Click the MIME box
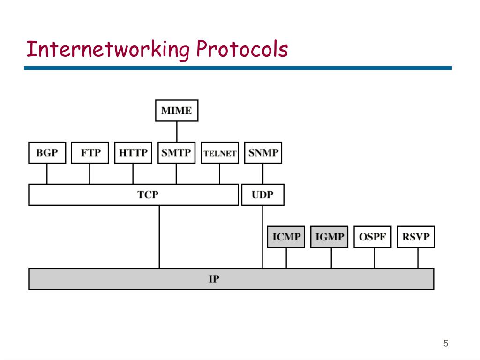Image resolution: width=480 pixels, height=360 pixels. click(176, 111)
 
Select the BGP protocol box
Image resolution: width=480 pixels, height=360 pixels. click(47, 153)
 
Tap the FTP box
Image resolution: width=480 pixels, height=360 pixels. click(90, 153)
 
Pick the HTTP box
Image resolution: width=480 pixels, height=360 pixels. click(133, 153)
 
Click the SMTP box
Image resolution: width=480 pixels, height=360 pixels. click(176, 153)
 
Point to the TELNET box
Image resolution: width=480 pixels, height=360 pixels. click(219, 153)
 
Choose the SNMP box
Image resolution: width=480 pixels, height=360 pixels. click(263, 153)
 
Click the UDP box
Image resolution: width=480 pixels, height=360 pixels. click(262, 195)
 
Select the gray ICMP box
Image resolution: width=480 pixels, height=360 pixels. click(286, 237)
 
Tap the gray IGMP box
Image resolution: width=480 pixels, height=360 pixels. click(329, 237)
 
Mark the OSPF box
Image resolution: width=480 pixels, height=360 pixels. click(372, 237)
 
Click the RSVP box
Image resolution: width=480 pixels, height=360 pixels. click(416, 237)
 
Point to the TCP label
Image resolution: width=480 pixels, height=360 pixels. click(148, 195)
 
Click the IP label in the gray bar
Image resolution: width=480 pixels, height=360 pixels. click(214, 279)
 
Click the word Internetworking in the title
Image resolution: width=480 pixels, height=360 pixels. click(108, 50)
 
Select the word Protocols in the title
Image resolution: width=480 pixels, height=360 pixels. click(242, 49)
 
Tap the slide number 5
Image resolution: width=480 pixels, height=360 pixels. click(446, 344)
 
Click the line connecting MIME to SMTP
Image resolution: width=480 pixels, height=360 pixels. click(177, 132)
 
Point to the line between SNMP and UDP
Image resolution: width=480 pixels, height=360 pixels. click(263, 174)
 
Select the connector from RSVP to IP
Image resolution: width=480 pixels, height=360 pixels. click(418, 258)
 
